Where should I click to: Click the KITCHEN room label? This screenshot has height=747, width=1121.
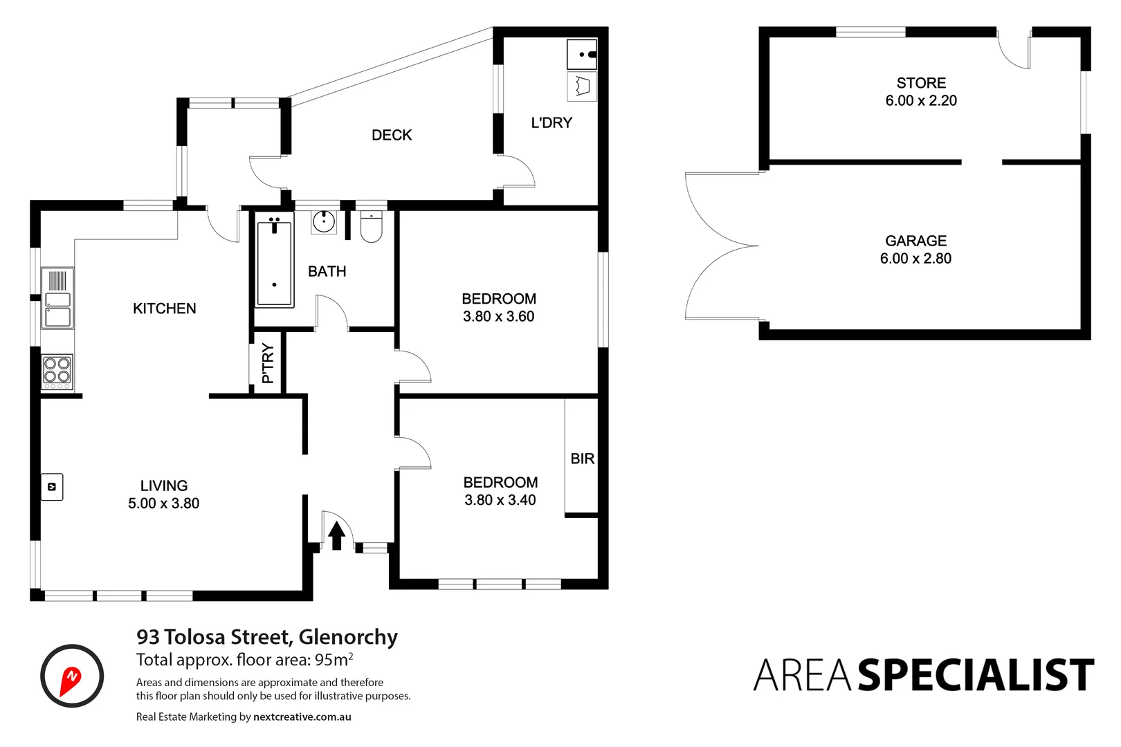164,308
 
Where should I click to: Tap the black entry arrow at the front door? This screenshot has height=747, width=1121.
336,535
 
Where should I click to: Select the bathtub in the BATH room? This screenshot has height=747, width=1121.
275,260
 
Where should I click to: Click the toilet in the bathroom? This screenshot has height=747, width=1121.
372,227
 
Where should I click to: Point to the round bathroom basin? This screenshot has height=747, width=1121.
323,222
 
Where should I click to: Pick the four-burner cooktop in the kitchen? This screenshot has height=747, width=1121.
57,369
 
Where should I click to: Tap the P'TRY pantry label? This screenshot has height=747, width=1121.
268,364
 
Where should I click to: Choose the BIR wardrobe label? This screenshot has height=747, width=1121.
582,459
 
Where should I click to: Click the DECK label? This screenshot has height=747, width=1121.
392,135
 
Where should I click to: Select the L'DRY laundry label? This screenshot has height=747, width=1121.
552,122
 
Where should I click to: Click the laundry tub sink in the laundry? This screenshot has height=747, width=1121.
581,54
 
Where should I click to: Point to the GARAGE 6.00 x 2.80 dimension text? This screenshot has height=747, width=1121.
915,259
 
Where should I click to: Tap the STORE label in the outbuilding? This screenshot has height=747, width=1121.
921,83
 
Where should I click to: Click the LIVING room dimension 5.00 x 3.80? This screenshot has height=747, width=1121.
163,504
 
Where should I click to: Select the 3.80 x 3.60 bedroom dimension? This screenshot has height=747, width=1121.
498,317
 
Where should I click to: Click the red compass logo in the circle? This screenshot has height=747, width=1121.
71,676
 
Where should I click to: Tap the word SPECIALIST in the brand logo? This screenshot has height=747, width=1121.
976,675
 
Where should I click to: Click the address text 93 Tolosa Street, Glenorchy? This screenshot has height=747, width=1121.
267,636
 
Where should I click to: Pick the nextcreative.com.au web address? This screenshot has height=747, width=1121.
302,717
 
